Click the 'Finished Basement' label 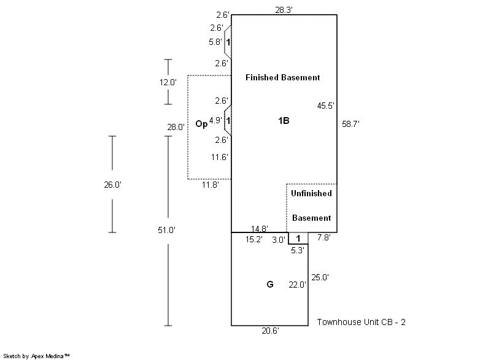pyautogui.click(x=282, y=78)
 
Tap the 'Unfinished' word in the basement pyautogui.click(x=311, y=194)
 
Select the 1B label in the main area pyautogui.click(x=283, y=121)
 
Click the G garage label pyautogui.click(x=269, y=285)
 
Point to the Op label pyautogui.click(x=201, y=124)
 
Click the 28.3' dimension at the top pyautogui.click(x=284, y=9)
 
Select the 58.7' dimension pyautogui.click(x=350, y=124)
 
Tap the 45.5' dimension pyautogui.click(x=325, y=105)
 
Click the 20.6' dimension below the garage pyautogui.click(x=271, y=331)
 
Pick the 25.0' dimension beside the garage pyautogui.click(x=320, y=277)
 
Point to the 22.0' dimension pyautogui.click(x=298, y=285)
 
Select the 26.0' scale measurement pyautogui.click(x=112, y=185)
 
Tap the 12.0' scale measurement pyautogui.click(x=168, y=82)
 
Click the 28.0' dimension pyautogui.click(x=176, y=128)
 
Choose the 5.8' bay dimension pyautogui.click(x=217, y=42)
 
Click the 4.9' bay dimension pyautogui.click(x=215, y=121)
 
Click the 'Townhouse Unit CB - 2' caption pyautogui.click(x=361, y=322)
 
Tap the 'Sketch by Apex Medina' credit pyautogui.click(x=37, y=356)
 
